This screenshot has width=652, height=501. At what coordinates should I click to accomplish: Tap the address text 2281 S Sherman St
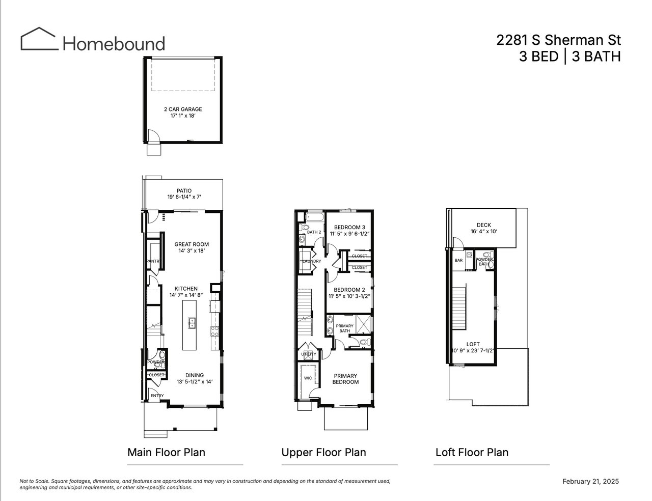(x=558, y=40)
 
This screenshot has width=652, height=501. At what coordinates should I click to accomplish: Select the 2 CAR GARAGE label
(x=183, y=109)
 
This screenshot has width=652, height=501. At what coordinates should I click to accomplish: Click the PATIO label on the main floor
(x=184, y=191)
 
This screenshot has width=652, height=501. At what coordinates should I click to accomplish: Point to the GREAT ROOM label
(x=192, y=244)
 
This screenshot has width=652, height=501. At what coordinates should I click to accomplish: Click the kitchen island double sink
(x=192, y=323)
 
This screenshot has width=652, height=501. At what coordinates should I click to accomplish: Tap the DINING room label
(x=195, y=375)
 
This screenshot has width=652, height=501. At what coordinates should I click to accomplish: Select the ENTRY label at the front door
(x=157, y=396)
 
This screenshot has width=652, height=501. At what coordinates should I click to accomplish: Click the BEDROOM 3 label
(x=349, y=227)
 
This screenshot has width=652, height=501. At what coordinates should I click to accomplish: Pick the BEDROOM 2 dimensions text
(x=349, y=296)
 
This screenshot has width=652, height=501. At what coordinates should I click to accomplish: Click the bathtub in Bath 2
(x=315, y=217)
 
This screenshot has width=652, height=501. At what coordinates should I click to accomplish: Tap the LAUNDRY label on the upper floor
(x=312, y=261)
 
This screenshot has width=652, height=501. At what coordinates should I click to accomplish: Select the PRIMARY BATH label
(x=344, y=328)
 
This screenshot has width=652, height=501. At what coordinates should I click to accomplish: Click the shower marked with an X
(x=363, y=324)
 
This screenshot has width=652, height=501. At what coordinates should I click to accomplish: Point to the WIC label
(x=308, y=378)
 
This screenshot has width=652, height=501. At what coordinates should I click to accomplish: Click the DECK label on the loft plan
(x=484, y=225)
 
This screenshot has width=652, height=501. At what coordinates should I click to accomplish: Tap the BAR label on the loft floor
(x=458, y=261)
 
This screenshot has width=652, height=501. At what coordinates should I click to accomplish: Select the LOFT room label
(x=473, y=344)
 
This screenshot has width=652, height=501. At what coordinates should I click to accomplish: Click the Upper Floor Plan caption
(x=324, y=453)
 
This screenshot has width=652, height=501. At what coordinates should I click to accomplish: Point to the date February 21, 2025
(x=590, y=482)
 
